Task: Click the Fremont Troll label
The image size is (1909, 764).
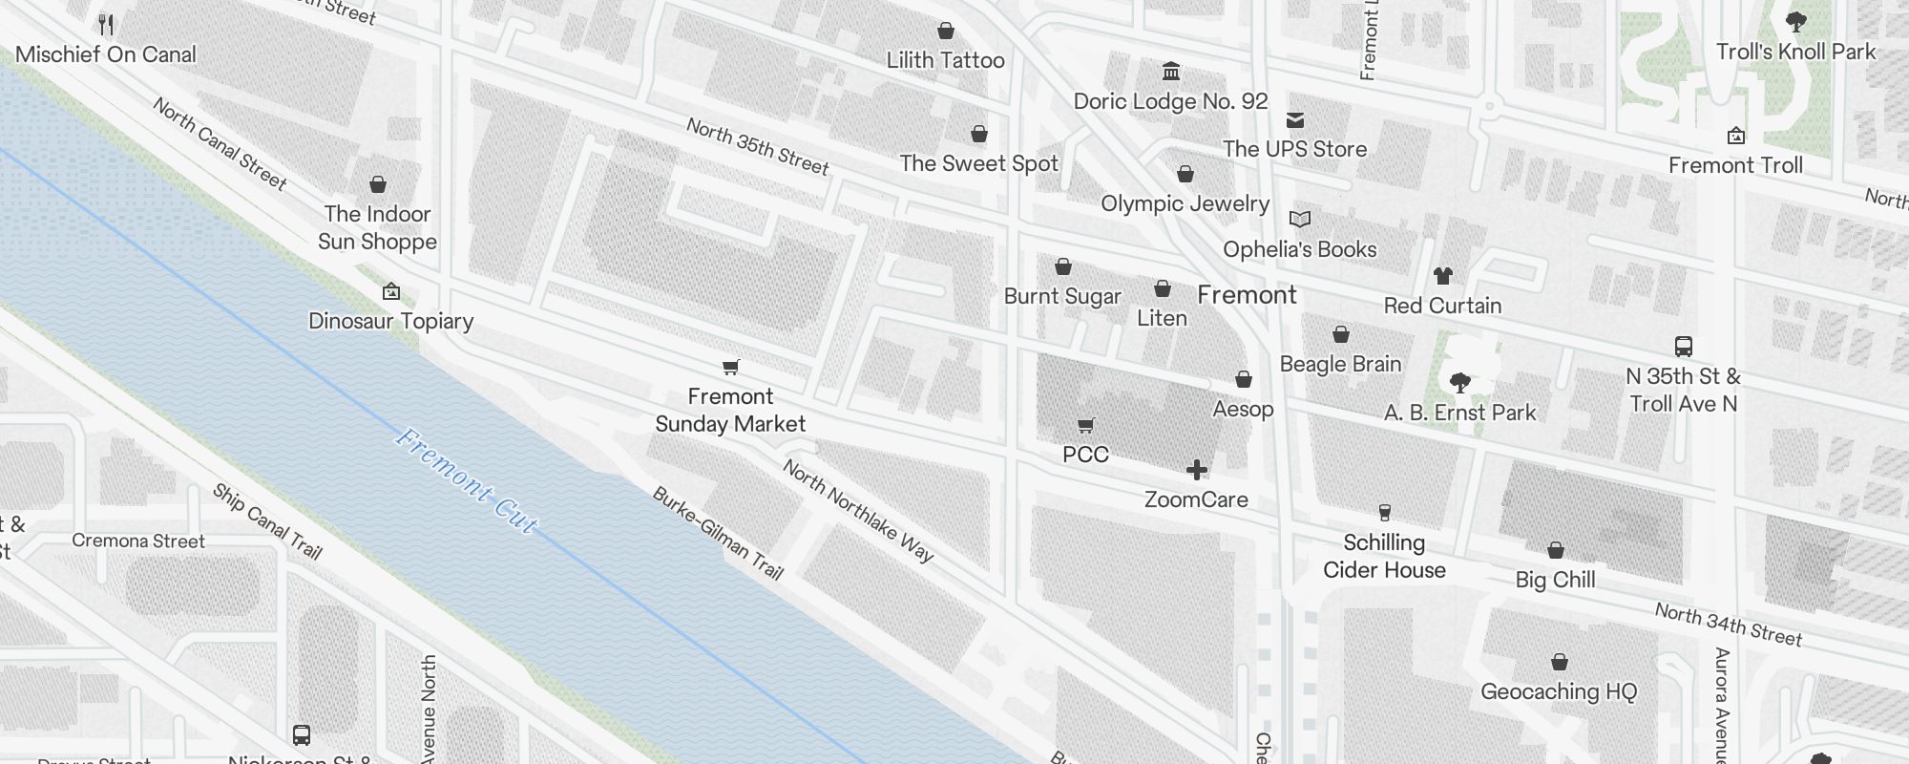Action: pos(1735,165)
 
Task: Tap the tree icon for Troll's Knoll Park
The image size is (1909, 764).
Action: pos(1795,22)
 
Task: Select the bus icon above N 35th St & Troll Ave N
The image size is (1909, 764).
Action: pos(1684,346)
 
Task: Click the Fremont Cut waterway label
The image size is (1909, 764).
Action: pos(466,481)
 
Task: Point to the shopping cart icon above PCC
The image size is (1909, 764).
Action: pos(1085,425)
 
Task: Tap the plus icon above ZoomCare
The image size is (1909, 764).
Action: pos(1196,470)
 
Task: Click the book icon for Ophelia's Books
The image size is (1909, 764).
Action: pos(1299,220)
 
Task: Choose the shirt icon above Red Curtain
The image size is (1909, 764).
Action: pos(1442,276)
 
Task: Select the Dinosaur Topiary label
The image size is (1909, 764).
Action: pos(390,321)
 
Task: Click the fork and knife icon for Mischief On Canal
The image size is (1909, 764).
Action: pos(106,25)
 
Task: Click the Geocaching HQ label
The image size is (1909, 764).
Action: pos(1559,691)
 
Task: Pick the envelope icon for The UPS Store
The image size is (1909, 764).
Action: pos(1295,120)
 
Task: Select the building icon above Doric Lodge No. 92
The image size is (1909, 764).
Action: pos(1171,72)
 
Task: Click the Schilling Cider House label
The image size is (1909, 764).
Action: pos(1384,556)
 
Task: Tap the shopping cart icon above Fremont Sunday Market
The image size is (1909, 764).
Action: pos(731,367)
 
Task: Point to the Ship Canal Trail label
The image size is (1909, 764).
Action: pos(266,521)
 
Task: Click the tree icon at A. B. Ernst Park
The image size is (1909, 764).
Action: pos(1459,384)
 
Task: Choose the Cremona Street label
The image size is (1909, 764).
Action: pos(138,541)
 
